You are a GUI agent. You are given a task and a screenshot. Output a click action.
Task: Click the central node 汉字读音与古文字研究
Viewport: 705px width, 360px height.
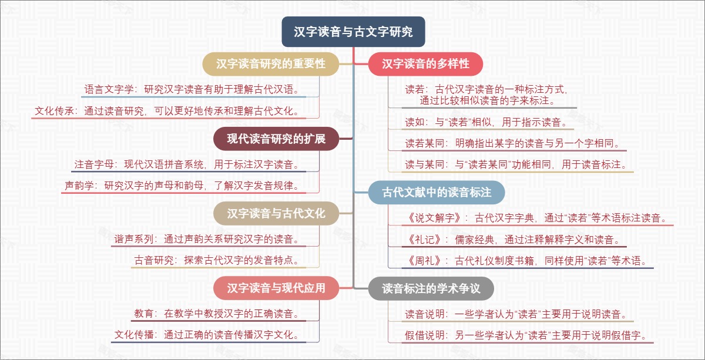point(353,32)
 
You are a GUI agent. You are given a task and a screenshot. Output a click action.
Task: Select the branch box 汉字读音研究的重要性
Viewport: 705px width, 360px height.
point(271,63)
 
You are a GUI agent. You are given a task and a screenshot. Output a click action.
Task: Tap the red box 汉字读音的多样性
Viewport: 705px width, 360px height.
point(426,63)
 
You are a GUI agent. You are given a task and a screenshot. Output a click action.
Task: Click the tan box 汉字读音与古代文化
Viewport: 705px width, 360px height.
point(276,213)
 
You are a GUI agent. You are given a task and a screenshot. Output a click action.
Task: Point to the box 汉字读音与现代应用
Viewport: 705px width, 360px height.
point(276,288)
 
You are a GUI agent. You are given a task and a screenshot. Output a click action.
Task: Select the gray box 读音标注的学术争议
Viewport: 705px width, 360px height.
point(431,288)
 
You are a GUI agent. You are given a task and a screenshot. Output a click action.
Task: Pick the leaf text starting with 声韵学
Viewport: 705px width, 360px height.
point(185,186)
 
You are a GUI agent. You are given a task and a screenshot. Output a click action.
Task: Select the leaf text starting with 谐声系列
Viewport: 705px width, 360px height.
point(210,239)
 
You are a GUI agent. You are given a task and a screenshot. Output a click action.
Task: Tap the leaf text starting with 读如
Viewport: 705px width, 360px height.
point(485,122)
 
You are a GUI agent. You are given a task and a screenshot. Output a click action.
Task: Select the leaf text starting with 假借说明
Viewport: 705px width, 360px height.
point(526,336)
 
